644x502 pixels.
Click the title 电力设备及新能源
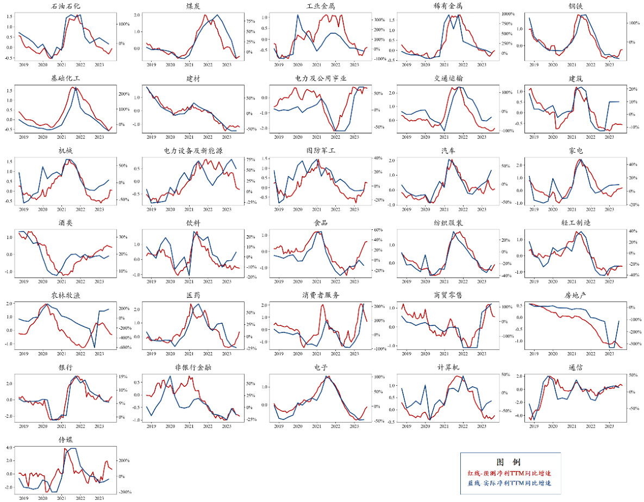pyautogui.click(x=193, y=150)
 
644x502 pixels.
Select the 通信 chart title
pyautogui.click(x=576, y=367)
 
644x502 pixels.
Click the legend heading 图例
pyautogui.click(x=510, y=462)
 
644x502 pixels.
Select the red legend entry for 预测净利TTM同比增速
pyautogui.click(x=510, y=473)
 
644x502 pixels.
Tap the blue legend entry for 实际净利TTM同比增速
pyautogui.click(x=510, y=483)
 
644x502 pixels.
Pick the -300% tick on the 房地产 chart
pyautogui.click(x=634, y=344)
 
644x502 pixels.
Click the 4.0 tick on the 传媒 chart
pyautogui.click(x=9, y=447)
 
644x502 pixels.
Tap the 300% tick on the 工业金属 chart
pyautogui.click(x=379, y=20)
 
